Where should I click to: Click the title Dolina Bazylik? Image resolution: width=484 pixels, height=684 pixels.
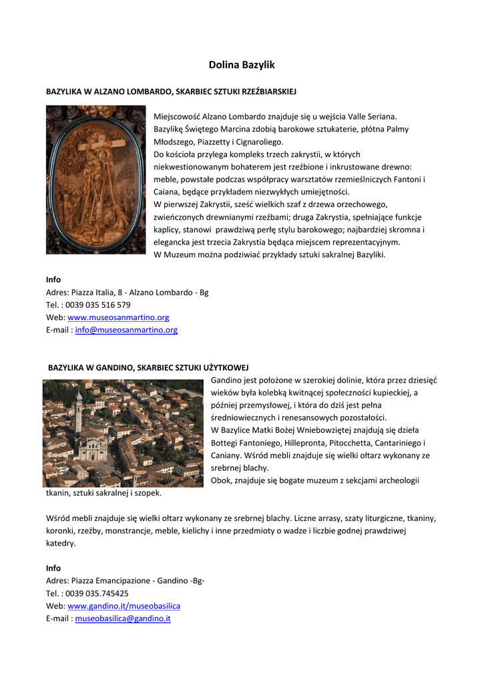pyautogui.click(x=242, y=65)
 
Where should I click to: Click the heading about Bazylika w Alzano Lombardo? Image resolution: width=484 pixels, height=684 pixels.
pyautogui.click(x=171, y=90)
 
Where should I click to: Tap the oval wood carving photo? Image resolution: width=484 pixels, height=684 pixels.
pyautogui.click(x=95, y=179)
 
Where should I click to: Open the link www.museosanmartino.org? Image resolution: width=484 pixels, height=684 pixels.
pyautogui.click(x=118, y=317)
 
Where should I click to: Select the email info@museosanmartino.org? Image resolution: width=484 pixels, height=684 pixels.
pyautogui.click(x=126, y=330)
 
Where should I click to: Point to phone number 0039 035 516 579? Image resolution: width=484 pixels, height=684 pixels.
pyautogui.click(x=98, y=305)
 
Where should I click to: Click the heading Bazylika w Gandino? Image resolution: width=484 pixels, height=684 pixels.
pyautogui.click(x=148, y=367)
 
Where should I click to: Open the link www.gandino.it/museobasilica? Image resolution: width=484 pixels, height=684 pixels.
pyautogui.click(x=124, y=606)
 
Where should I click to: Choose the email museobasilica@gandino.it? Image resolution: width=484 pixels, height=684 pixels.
pyautogui.click(x=123, y=619)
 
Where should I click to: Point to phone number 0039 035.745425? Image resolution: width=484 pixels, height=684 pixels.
pyautogui.click(x=97, y=593)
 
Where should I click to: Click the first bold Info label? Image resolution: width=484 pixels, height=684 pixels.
pyautogui.click(x=53, y=279)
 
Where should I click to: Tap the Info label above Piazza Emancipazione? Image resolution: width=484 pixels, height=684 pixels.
pyautogui.click(x=53, y=568)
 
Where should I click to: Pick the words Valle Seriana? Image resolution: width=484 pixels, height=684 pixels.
pyautogui.click(x=371, y=116)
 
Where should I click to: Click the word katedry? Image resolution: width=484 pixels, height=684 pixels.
pyautogui.click(x=61, y=543)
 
